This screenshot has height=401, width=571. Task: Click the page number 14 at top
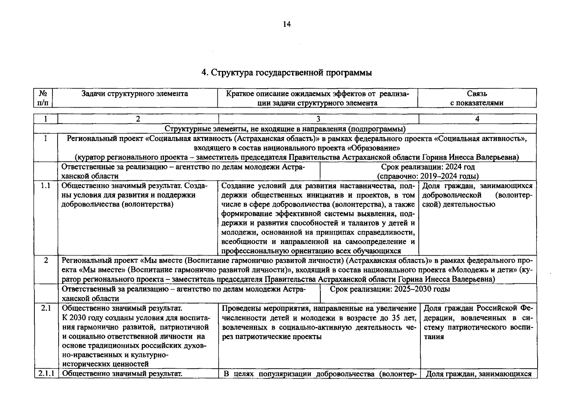point(287,24)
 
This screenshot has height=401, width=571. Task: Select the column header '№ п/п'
point(43,98)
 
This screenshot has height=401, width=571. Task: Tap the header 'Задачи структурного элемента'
point(135,94)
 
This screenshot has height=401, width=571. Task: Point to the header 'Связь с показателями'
point(477,98)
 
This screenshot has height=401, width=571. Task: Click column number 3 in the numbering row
point(318,119)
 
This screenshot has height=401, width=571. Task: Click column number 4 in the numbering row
point(477,119)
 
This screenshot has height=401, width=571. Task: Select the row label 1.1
point(45,186)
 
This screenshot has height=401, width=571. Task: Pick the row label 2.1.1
point(46,374)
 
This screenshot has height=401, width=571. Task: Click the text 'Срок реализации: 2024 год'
point(428,167)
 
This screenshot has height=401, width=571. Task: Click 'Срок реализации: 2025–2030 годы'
point(390,289)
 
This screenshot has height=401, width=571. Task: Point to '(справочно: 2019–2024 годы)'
point(428,176)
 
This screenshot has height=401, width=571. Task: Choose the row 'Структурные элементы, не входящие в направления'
point(285,129)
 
